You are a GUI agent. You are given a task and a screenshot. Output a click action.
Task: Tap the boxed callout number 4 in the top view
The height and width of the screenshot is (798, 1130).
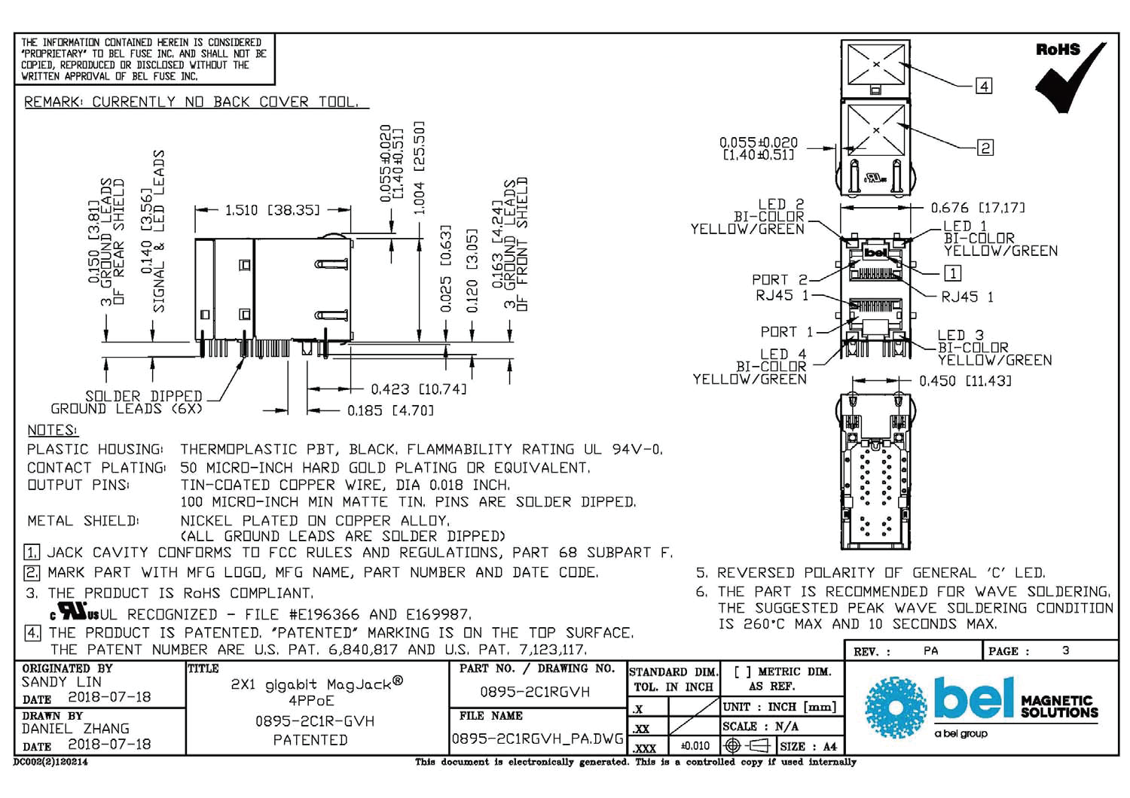tap(984, 86)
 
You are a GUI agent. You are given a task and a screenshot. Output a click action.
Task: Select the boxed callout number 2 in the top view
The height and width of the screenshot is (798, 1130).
tap(985, 148)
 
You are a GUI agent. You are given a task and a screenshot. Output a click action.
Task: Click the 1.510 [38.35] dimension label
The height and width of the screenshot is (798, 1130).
tap(272, 210)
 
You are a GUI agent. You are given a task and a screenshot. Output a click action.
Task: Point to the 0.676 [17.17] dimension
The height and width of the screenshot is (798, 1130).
tap(977, 208)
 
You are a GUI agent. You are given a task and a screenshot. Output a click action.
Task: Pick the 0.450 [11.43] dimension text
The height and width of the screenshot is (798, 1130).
tap(964, 381)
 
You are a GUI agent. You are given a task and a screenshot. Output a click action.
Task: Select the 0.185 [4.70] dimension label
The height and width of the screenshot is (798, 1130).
tap(390, 410)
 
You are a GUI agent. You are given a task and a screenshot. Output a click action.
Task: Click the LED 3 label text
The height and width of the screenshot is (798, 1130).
tap(960, 335)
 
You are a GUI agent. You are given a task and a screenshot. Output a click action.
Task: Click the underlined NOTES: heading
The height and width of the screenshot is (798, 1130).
tap(52, 431)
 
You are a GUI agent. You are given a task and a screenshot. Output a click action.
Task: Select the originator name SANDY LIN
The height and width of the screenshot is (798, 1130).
tap(61, 682)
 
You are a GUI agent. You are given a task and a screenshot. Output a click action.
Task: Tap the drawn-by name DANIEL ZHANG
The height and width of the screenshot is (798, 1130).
tap(75, 729)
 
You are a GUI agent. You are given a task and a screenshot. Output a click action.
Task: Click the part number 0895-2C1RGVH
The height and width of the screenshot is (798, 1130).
tap(535, 692)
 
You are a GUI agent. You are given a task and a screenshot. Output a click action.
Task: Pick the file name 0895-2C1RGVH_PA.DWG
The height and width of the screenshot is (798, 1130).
tap(538, 739)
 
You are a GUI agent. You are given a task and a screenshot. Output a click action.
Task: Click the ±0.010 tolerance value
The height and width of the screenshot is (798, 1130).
tap(695, 746)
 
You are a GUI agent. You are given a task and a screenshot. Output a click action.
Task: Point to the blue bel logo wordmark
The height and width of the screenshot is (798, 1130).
tap(973, 698)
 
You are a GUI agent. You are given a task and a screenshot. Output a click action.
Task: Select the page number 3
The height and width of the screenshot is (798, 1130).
tap(1065, 650)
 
